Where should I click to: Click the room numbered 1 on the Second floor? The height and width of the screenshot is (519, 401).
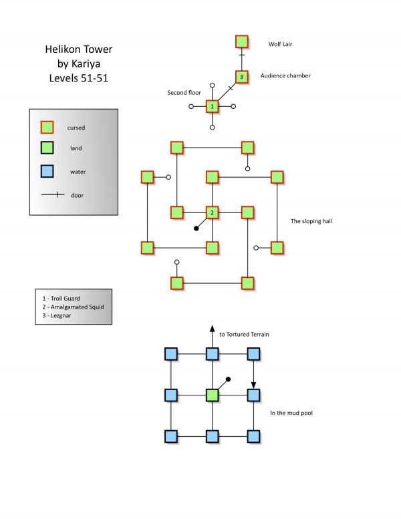[212, 106]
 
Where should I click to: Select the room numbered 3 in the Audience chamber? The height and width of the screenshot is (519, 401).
[242, 77]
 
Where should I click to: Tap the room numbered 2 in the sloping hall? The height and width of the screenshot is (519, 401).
[212, 213]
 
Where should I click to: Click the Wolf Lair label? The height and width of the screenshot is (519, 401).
[281, 45]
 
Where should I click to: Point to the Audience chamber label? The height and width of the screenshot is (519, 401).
[285, 75]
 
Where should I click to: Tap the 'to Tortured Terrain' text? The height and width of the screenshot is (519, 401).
[244, 334]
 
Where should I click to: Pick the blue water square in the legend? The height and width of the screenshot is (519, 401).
[47, 172]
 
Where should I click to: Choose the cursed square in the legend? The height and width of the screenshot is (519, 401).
[47, 127]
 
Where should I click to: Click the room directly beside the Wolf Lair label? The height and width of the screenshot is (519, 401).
[242, 41]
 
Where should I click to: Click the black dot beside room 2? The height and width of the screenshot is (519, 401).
[196, 228]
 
